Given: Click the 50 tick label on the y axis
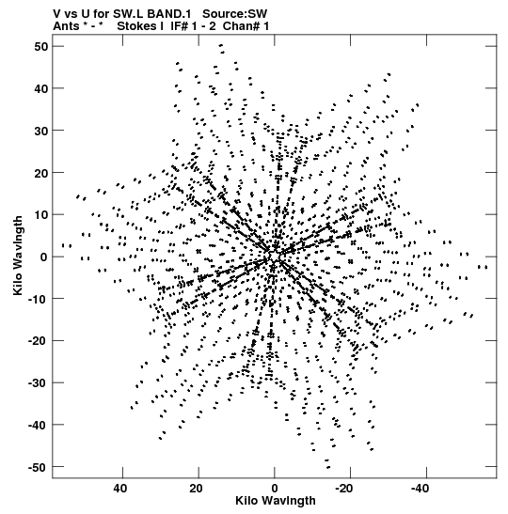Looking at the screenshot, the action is (x=40, y=47).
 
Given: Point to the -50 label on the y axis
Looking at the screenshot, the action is (x=38, y=467).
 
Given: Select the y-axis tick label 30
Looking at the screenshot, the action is (x=40, y=131).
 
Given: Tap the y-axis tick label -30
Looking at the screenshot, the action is (x=38, y=383).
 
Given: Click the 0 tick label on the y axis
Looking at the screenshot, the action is (x=44, y=257).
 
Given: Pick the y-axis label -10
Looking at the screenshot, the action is (x=38, y=299).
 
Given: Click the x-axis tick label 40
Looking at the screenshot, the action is (x=120, y=489).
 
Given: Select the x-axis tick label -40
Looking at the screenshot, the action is (x=420, y=489).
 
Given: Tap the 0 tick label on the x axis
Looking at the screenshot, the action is (x=275, y=489).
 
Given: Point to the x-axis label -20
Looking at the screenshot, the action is (x=343, y=489).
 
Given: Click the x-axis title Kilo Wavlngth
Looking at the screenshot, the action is (x=276, y=501).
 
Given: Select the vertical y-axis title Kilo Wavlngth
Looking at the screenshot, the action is (x=18, y=256).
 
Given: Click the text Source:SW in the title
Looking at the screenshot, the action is (x=234, y=14).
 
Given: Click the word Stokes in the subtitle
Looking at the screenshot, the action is (x=136, y=25).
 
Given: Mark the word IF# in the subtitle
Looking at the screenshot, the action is (x=180, y=25).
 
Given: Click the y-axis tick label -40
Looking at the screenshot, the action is (x=38, y=425).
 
